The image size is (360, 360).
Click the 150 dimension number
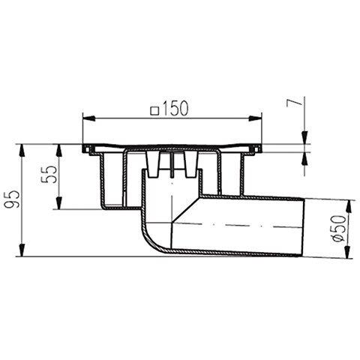click(175, 109)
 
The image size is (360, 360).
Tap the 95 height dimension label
click(12, 199)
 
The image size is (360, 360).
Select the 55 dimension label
click(49, 175)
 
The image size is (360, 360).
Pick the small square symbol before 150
click(155, 111)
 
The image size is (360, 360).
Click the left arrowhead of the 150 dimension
click(88, 118)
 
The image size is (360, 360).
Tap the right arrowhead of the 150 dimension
click(255, 118)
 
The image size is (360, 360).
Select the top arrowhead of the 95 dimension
click(22, 151)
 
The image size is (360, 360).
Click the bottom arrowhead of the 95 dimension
click(22, 250)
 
